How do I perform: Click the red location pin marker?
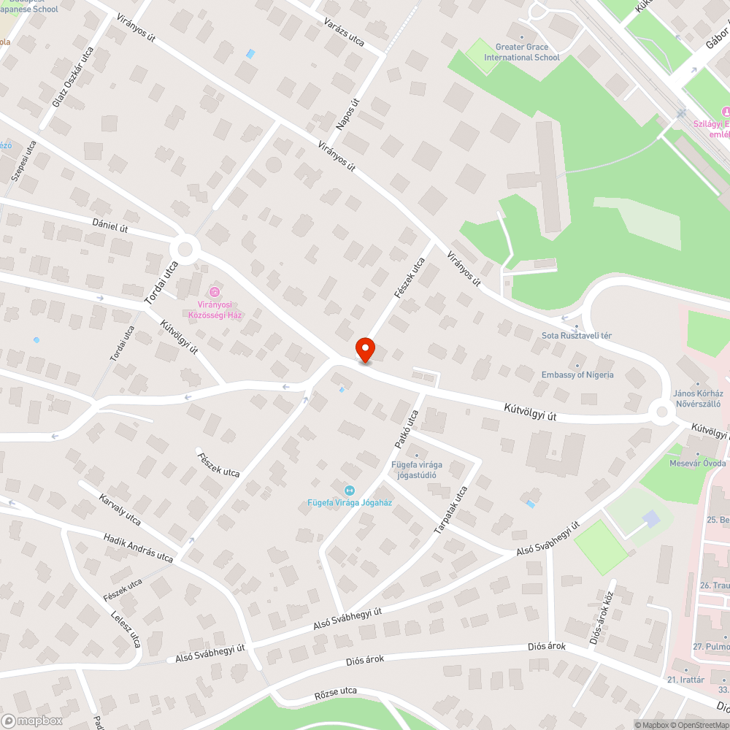pyautogui.click(x=364, y=350)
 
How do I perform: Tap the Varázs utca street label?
pyautogui.click(x=344, y=30)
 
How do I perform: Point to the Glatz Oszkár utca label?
pyautogui.click(x=73, y=77)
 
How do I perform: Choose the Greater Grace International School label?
pyautogui.click(x=522, y=52)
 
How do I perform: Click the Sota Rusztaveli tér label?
pyautogui.click(x=576, y=335)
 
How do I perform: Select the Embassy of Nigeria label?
pyautogui.click(x=577, y=374)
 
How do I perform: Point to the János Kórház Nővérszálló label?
pyautogui.click(x=696, y=398)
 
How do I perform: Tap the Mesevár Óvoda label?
pyautogui.click(x=697, y=463)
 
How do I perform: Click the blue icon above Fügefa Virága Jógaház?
pyautogui.click(x=348, y=490)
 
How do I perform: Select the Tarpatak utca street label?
pyautogui.click(x=450, y=510)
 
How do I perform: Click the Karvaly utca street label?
pyautogui.click(x=120, y=509)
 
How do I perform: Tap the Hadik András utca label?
pyautogui.click(x=138, y=547)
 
